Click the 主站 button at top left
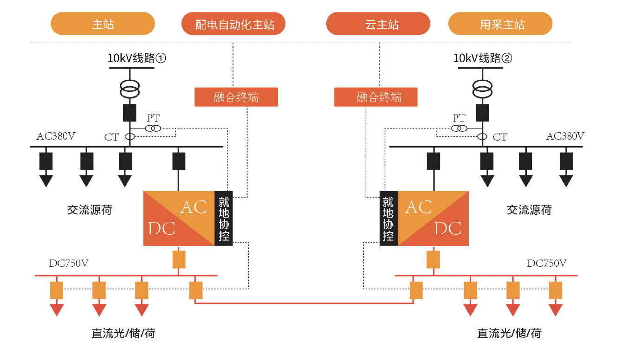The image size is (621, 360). (x=103, y=24)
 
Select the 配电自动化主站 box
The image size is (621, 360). (x=233, y=24)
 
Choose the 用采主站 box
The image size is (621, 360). (x=500, y=24)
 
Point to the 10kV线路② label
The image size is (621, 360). (x=483, y=58)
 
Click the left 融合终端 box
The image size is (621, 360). (x=236, y=97)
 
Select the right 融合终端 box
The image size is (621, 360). (x=376, y=97)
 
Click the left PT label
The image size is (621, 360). (x=153, y=118)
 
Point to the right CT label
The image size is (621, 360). (x=500, y=137)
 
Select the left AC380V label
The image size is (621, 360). (x=56, y=136)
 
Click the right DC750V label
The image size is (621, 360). (x=546, y=263)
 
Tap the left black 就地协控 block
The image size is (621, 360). (x=224, y=219)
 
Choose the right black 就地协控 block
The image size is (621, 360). (x=388, y=219)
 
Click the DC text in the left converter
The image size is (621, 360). (x=162, y=228)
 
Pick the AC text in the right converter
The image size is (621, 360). (x=419, y=207)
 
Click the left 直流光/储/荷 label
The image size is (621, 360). (x=123, y=333)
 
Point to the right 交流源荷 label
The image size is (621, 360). (x=529, y=210)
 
